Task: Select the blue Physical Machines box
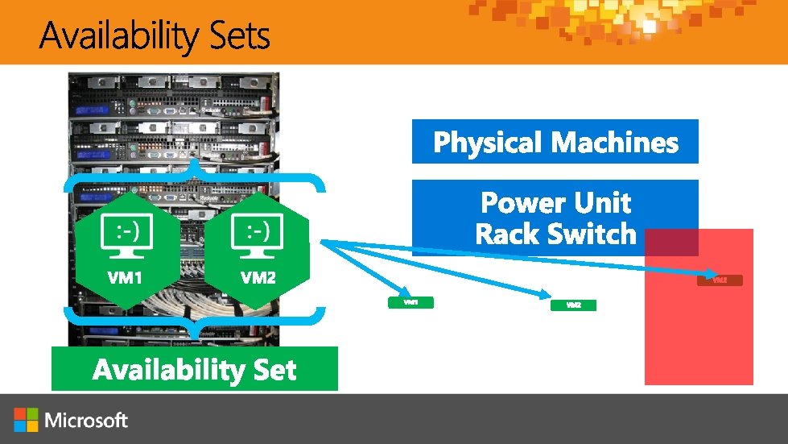(555, 142)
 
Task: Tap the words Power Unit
(555, 202)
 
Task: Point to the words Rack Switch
(555, 234)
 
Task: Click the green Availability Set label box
(195, 369)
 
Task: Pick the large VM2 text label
(258, 278)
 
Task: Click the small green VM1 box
(411, 302)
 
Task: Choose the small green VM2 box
(574, 305)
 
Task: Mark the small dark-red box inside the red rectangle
(720, 280)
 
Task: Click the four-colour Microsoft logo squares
(26, 420)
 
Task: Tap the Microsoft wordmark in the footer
(86, 420)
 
